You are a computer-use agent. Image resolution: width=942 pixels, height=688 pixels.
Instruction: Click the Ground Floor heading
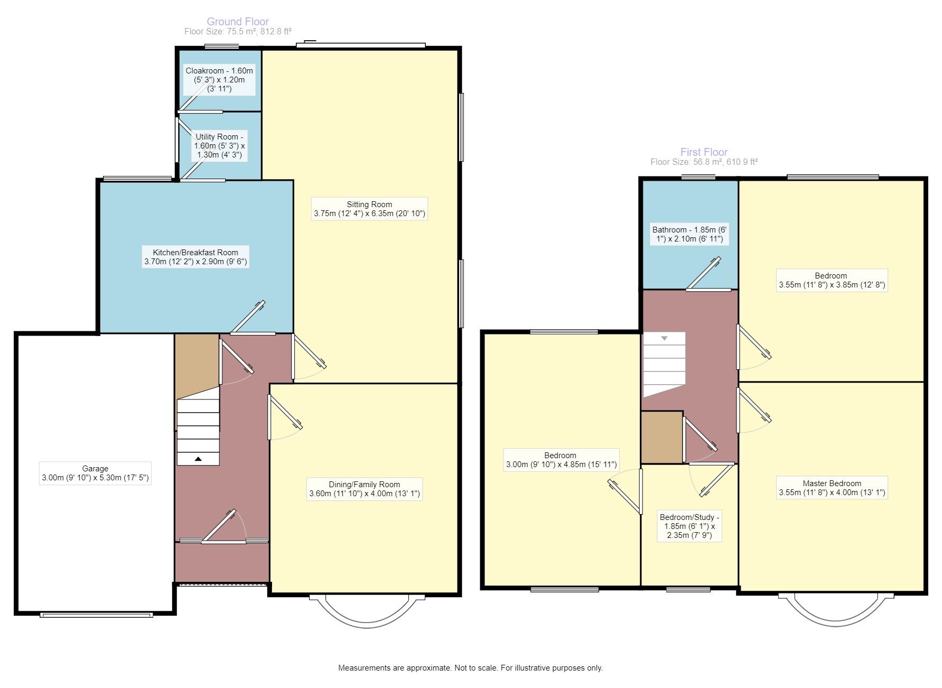pos(237,22)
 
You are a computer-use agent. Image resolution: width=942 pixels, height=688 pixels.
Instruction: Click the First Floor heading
pos(703,152)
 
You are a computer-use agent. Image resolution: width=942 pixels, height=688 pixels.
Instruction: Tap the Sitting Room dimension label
pos(369,209)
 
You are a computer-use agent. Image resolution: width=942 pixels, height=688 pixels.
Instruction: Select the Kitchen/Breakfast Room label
pos(195,257)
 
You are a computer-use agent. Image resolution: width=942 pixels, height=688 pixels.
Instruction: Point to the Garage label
pos(95,473)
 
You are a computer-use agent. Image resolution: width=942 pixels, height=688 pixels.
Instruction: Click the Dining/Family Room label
pos(365,489)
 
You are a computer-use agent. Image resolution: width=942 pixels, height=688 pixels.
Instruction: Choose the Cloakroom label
pos(219,80)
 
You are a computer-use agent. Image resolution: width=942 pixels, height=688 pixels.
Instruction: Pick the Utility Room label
pos(220,146)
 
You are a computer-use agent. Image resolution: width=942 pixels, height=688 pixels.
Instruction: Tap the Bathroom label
pos(689,234)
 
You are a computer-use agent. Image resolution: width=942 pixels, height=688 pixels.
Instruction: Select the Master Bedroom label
pos(832,488)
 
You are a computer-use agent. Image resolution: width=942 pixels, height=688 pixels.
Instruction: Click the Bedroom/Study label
pos(689,526)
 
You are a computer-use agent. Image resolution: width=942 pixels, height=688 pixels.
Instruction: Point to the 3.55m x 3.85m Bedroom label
pos(832,280)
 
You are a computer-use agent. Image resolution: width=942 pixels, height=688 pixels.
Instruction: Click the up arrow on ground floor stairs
pos(198,459)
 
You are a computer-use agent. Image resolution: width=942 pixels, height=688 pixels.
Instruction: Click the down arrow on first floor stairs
pos(664,338)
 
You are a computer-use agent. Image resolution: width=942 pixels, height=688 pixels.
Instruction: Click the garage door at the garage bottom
pos(97,615)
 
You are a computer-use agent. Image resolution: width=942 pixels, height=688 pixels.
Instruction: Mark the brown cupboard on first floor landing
pos(661,438)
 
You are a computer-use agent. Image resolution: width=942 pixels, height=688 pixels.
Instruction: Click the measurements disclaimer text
pos(470,668)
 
